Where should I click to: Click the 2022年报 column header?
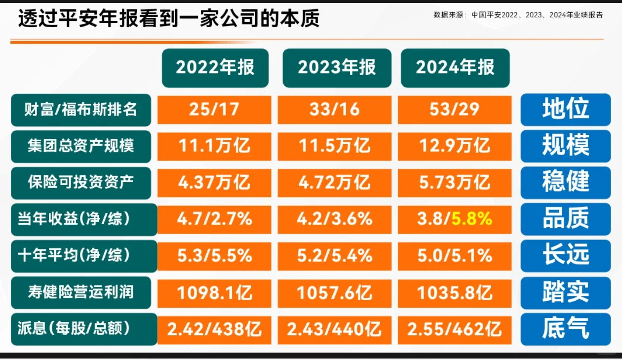point(215,68)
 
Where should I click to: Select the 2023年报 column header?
point(337,68)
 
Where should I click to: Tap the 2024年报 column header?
point(455,68)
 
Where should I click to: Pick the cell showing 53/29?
point(454,110)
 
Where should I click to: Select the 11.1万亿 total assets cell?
point(214,146)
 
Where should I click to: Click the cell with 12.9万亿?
point(454,146)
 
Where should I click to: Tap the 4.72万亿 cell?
point(334,183)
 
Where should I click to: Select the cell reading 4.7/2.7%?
point(214,219)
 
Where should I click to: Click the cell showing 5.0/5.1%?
point(454,255)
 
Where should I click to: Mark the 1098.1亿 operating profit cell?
point(214,292)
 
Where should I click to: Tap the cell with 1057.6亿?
point(334,292)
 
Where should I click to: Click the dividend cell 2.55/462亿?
point(454,329)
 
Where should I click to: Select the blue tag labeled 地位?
point(566,110)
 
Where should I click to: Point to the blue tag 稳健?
point(566,183)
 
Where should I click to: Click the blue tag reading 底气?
point(566,329)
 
